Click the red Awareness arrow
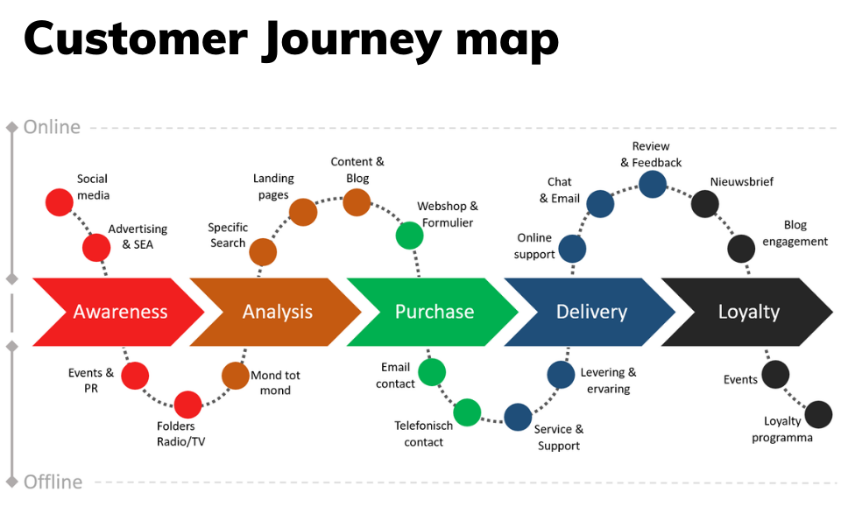click(118, 312)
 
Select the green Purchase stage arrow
click(432, 312)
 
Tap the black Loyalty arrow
click(746, 312)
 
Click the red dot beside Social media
click(59, 202)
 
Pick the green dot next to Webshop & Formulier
click(410, 236)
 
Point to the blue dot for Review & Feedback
click(652, 184)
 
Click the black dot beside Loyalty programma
click(818, 414)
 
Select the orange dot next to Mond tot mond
click(236, 375)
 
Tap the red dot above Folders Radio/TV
click(187, 405)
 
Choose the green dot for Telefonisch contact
click(467, 412)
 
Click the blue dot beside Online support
click(572, 249)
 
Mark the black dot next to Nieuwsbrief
click(704, 204)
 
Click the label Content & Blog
click(357, 169)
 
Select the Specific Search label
click(228, 236)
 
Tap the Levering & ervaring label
click(608, 380)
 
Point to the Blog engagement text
click(795, 233)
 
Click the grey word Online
click(52, 127)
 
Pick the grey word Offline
click(53, 482)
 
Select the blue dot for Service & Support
click(518, 417)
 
